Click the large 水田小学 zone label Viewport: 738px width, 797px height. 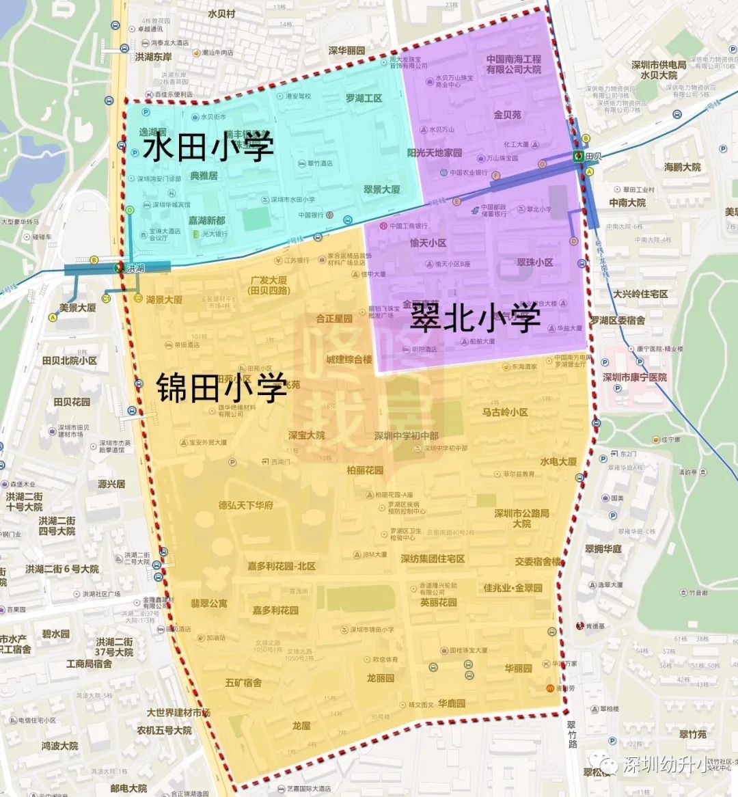(208, 147)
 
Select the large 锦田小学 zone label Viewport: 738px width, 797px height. (221, 388)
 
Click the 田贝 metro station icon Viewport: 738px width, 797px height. (578, 156)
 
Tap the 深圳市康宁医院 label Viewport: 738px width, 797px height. (640, 377)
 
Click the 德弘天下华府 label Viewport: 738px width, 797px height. (246, 505)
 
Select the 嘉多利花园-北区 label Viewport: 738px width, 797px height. (282, 567)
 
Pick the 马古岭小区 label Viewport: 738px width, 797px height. (505, 412)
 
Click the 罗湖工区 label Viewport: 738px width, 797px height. (364, 98)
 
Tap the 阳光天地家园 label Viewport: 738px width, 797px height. (435, 152)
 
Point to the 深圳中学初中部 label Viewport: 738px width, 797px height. (407, 436)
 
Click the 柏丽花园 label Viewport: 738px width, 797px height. (365, 470)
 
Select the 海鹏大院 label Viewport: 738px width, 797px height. (682, 167)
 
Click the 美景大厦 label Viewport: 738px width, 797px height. (77, 308)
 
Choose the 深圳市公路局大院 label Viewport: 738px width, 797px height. (522, 518)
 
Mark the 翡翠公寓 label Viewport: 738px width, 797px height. (209, 604)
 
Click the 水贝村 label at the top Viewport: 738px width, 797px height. (221, 14)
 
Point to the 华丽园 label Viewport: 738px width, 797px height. (518, 668)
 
